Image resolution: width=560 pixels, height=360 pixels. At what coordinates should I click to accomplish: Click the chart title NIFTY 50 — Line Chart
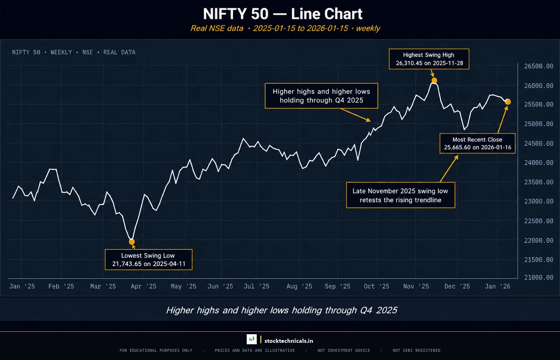click(x=283, y=14)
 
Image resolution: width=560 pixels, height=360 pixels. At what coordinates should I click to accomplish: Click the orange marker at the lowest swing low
click(x=132, y=242)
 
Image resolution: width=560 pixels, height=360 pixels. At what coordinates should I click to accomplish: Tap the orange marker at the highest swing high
click(x=434, y=81)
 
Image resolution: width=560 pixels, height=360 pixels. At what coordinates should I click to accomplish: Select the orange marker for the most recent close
click(x=508, y=102)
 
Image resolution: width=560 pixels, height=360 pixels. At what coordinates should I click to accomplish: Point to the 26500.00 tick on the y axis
click(x=539, y=66)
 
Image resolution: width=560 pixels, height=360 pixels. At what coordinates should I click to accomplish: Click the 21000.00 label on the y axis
click(x=539, y=277)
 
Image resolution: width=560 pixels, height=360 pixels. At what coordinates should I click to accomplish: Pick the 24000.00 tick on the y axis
click(x=539, y=162)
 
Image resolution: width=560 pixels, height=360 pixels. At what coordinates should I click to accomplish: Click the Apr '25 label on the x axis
click(x=144, y=286)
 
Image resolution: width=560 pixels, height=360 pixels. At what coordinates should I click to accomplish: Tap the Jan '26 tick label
click(x=497, y=286)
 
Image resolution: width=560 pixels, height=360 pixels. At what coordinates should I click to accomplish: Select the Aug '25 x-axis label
click(x=299, y=286)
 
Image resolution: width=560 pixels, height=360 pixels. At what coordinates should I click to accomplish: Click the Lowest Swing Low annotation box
click(x=149, y=260)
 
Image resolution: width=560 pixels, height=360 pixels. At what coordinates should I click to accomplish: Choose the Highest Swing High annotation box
click(x=429, y=59)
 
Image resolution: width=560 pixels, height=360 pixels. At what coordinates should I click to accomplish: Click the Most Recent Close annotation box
click(x=477, y=143)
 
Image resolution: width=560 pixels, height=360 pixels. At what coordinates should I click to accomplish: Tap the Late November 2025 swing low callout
click(x=400, y=195)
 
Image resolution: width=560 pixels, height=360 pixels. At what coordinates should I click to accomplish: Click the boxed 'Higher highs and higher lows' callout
click(x=321, y=96)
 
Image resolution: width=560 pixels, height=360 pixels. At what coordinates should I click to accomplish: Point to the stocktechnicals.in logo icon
click(x=252, y=339)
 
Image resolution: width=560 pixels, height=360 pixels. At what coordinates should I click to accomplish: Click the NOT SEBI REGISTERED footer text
click(x=416, y=350)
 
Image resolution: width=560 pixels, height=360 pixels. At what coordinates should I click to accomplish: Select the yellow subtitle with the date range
click(x=285, y=28)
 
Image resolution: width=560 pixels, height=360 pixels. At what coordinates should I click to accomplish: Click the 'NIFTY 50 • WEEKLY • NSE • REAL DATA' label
click(x=74, y=52)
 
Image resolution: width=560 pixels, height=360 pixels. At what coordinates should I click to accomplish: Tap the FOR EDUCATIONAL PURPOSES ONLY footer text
click(x=156, y=350)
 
